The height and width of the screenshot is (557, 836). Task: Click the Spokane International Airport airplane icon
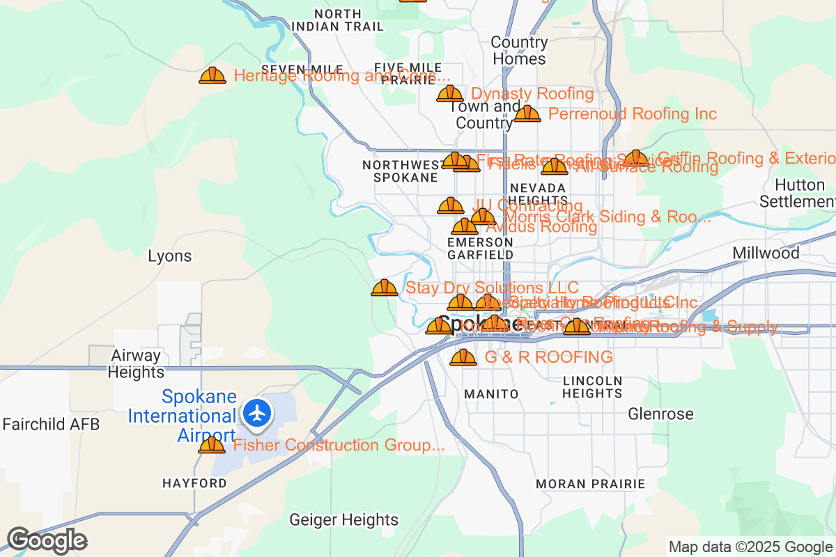point(258,413)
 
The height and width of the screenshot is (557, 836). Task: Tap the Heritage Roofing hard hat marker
point(212,76)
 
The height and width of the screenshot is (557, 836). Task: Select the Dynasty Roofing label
point(532,93)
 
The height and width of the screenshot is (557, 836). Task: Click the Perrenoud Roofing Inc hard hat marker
point(527,113)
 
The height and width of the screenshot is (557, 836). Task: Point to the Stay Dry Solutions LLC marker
point(385,288)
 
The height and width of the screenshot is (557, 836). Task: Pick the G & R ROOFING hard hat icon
point(463,358)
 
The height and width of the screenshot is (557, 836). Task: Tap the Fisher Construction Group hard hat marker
point(212,445)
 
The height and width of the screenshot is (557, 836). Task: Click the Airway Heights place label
point(137,363)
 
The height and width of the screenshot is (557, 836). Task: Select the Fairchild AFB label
point(52,424)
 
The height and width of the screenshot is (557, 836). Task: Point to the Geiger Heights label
point(343,519)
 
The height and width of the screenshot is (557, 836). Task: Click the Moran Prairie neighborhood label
point(590,483)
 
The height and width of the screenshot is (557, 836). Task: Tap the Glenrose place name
point(660,414)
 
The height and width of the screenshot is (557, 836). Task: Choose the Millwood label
point(766,253)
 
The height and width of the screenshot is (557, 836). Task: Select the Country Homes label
point(519,50)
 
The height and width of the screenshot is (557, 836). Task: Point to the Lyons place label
point(169,256)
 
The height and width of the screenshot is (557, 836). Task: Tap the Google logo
point(47,540)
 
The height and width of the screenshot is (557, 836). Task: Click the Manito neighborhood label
point(491,394)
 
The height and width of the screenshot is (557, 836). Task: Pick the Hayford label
point(194,483)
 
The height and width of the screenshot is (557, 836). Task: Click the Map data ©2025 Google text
point(750,547)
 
